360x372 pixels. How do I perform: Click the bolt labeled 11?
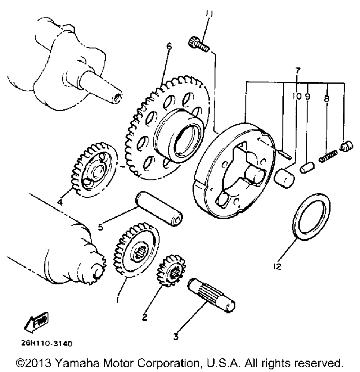pyautogui.click(x=197, y=46)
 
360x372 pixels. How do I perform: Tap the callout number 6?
pyautogui.click(x=169, y=46)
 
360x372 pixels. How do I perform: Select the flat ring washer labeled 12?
pyautogui.click(x=311, y=216)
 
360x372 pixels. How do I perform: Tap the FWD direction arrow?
pyautogui.click(x=37, y=323)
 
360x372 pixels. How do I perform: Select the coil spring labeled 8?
pyautogui.click(x=328, y=156)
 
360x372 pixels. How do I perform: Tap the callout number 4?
pyautogui.click(x=59, y=202)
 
